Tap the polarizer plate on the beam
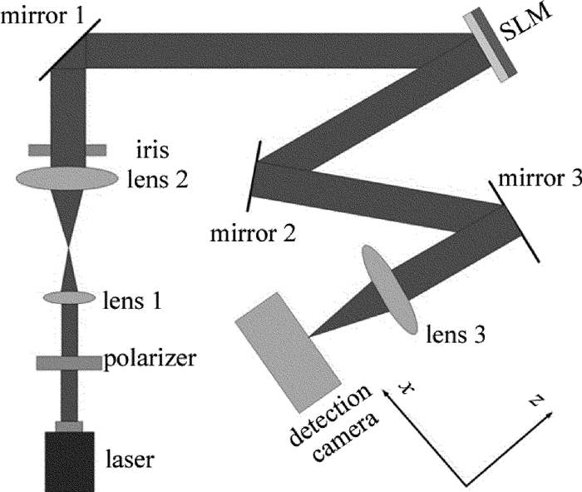[69, 363]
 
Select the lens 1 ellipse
[69, 297]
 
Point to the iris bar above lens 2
[67, 151]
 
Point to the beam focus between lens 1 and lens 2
[69, 247]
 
